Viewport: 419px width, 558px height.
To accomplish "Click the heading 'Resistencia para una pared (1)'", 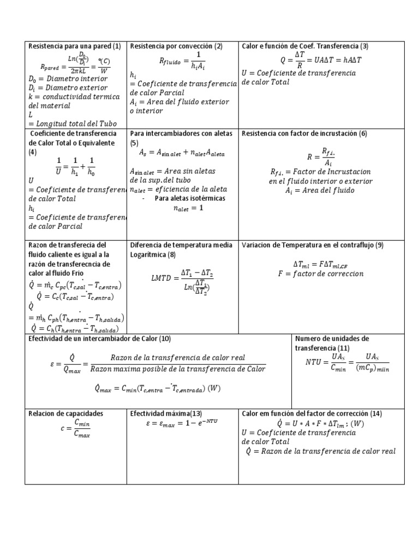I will [74, 46].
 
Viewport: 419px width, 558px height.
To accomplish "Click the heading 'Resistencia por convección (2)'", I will [176, 46].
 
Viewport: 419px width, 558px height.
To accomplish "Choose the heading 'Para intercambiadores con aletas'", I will [181, 134].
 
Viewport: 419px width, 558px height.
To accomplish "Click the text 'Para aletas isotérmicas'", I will [190, 198].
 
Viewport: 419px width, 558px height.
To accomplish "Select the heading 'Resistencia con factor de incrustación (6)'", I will [304, 134].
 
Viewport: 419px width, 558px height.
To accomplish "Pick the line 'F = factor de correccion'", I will [320, 274].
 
